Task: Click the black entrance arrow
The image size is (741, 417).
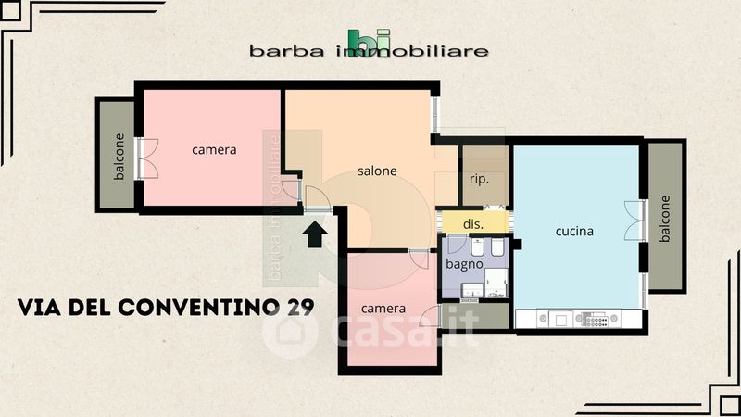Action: click(x=315, y=235)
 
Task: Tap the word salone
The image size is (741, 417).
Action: click(x=377, y=171)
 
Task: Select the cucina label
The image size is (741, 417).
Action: click(x=574, y=231)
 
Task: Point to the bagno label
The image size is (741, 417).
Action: click(x=464, y=264)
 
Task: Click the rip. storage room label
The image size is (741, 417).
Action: click(x=479, y=179)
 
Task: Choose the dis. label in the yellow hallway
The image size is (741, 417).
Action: click(x=473, y=224)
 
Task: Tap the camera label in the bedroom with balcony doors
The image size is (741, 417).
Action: click(x=214, y=150)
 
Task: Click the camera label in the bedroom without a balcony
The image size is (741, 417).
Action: click(x=383, y=309)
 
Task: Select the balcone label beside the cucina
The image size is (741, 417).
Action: click(x=665, y=219)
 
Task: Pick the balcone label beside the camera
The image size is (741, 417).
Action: click(x=119, y=156)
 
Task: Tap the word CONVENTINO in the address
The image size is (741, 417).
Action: click(x=198, y=308)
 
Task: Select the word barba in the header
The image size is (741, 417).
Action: click(x=287, y=51)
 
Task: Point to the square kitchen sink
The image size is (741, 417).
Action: click(x=561, y=320)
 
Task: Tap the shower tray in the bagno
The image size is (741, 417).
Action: click(x=496, y=283)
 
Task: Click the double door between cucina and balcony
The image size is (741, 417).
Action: click(x=635, y=221)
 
